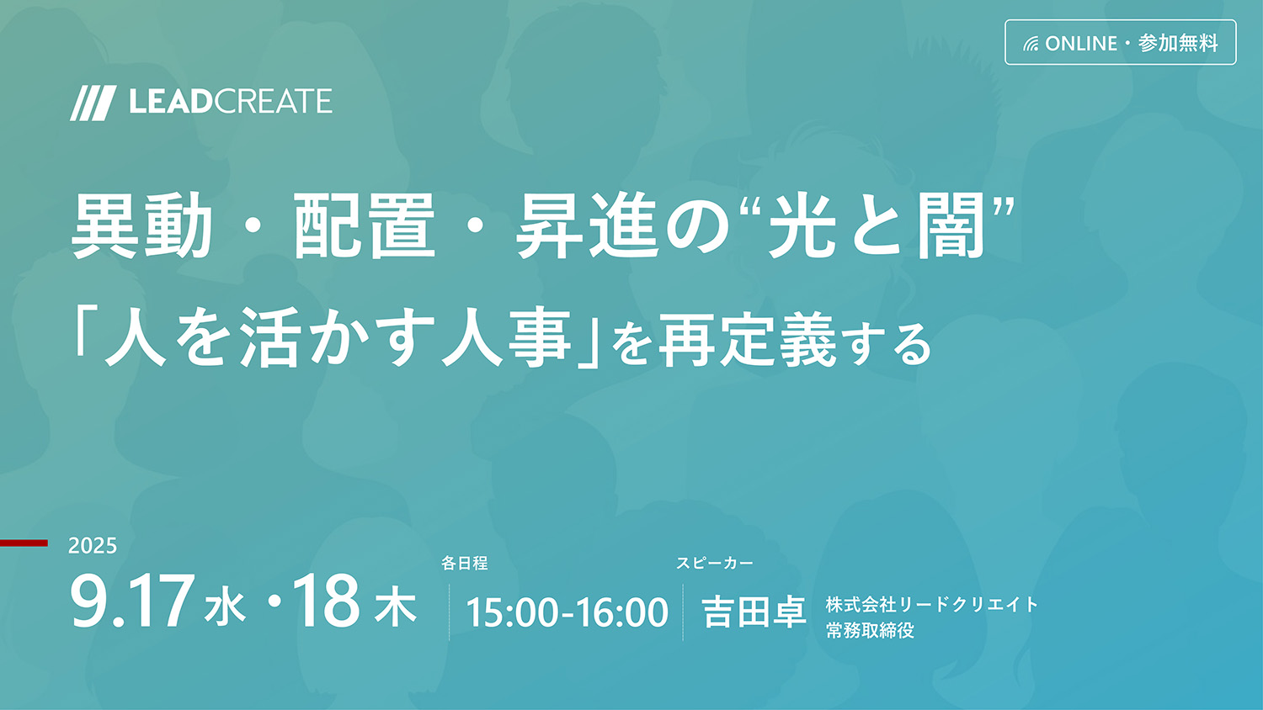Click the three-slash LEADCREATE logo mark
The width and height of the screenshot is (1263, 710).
tap(93, 103)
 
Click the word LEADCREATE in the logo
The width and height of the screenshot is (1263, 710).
tap(231, 102)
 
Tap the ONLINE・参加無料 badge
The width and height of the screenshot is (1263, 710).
tap(1121, 42)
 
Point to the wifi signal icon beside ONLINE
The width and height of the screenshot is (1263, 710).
tap(1031, 44)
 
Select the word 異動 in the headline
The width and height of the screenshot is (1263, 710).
tap(141, 225)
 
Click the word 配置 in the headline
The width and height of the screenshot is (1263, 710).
tap(365, 225)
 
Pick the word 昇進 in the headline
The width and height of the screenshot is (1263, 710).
tap(588, 225)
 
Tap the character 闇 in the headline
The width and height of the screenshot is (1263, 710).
tap(951, 225)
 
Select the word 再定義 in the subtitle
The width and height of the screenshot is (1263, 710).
tap(747, 341)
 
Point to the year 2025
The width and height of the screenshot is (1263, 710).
tap(93, 545)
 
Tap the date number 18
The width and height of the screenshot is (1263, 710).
tap(326, 601)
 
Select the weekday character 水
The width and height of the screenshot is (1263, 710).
tap(225, 607)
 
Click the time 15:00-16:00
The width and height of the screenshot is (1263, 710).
tap(567, 612)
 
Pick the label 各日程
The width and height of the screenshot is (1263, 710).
tap(464, 563)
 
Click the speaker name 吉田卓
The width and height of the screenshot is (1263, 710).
tap(754, 612)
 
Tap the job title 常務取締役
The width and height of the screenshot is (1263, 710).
tap(870, 630)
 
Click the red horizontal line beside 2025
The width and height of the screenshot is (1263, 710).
tap(24, 543)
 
